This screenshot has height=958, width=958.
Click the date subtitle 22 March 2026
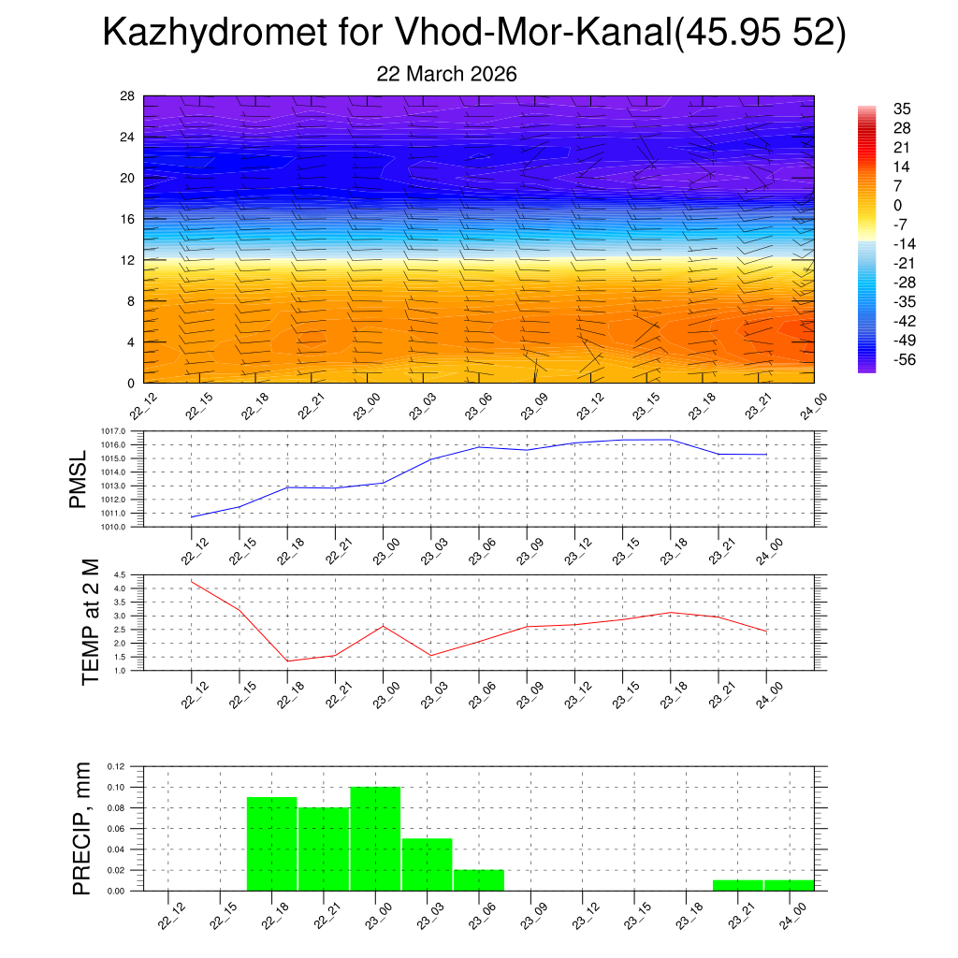(x=446, y=74)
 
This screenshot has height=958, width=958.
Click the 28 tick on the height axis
(x=127, y=96)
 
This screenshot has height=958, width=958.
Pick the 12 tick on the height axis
(x=127, y=260)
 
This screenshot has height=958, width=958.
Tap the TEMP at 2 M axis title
(x=90, y=621)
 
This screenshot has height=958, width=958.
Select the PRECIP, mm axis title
(x=82, y=828)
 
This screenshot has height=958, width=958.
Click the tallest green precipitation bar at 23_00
(x=375, y=838)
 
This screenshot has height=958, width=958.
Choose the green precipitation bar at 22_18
(x=271, y=843)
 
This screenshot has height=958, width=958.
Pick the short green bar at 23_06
(x=479, y=880)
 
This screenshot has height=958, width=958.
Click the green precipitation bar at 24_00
(x=789, y=885)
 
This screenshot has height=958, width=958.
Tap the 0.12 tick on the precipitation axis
(x=115, y=766)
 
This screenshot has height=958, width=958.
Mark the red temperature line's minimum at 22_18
(x=287, y=661)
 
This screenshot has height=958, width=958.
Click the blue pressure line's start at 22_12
(x=192, y=517)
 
